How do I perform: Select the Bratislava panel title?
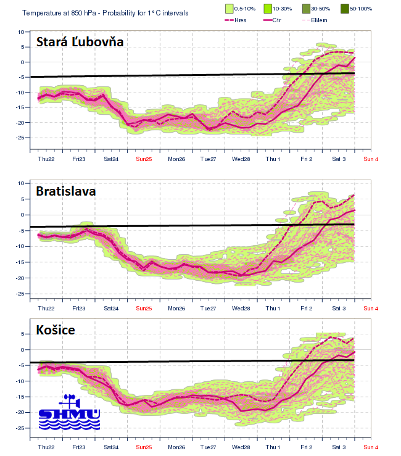click(x=65, y=191)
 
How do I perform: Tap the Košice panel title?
click(x=56, y=330)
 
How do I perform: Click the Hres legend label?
click(x=244, y=20)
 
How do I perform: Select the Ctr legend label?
click(x=284, y=20)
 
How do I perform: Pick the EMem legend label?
click(x=320, y=20)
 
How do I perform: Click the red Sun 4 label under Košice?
click(x=371, y=446)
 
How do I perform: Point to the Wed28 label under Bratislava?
click(x=241, y=308)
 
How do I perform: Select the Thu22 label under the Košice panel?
click(x=46, y=446)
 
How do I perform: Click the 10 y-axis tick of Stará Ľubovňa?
click(x=20, y=31)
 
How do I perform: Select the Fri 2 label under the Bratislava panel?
click(x=306, y=308)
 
